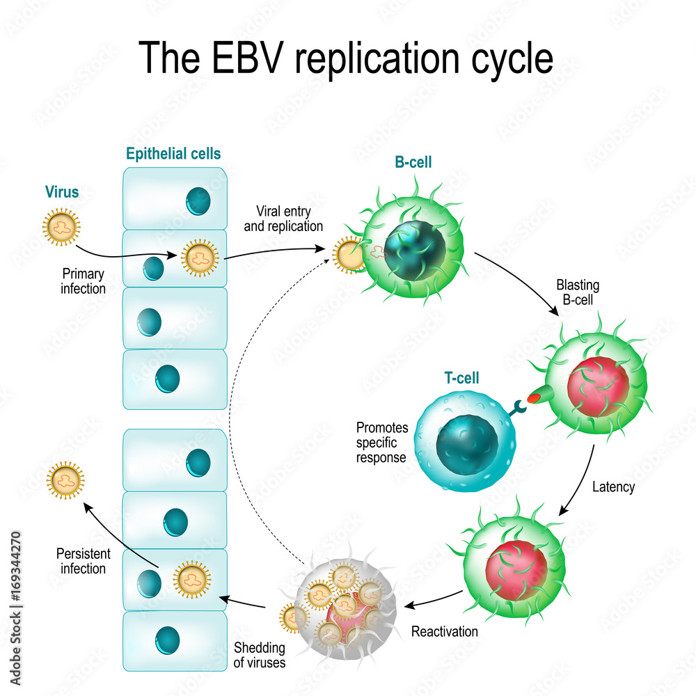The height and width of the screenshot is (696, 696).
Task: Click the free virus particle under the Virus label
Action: [x=61, y=225]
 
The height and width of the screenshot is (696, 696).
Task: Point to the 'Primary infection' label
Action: [x=84, y=281]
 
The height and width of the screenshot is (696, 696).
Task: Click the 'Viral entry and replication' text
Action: [x=290, y=218]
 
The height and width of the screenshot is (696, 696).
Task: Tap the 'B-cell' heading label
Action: [x=413, y=163]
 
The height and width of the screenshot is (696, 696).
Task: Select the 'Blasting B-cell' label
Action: [x=578, y=292]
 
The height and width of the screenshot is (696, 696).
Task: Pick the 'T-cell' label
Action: [x=461, y=379]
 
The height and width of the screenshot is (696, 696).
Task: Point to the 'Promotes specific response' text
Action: [x=382, y=442]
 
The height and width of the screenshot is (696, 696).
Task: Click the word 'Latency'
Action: [x=613, y=487]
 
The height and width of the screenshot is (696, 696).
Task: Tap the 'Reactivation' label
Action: [x=445, y=631]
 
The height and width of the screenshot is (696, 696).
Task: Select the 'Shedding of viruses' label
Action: [x=259, y=655]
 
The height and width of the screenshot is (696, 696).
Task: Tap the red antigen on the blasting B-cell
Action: [x=535, y=398]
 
